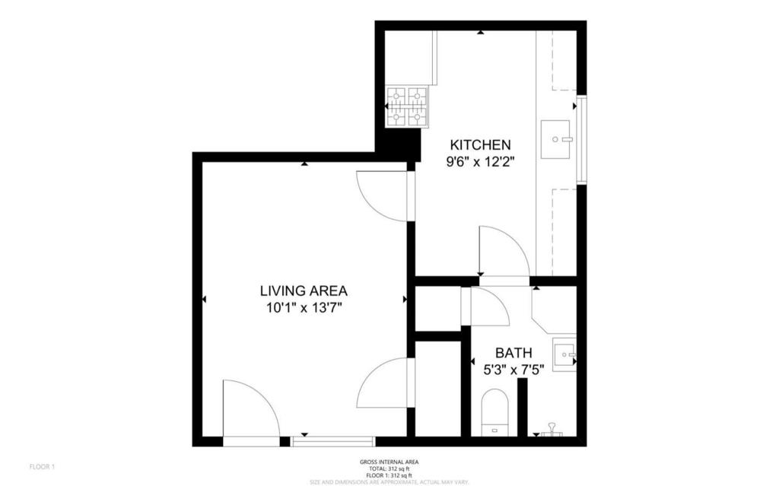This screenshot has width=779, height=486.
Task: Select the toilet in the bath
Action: point(494,411)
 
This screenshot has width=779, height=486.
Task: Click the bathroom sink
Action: point(564,354)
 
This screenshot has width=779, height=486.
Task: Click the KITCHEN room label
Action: point(480,145)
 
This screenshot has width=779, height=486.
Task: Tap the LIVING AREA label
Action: point(304,291)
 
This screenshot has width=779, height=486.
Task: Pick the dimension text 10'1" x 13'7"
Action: point(304,307)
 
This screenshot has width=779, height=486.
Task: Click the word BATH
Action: point(514,353)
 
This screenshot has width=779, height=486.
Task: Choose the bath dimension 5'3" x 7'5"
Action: point(514,370)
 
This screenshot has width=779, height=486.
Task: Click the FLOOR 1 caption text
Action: point(42,466)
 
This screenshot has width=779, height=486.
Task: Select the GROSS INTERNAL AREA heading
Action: point(389,462)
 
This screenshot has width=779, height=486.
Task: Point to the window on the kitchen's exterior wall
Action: point(581,139)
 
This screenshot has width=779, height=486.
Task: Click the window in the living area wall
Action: point(333,440)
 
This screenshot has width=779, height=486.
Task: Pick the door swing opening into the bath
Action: point(489,307)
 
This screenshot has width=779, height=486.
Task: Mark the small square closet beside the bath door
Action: point(437,308)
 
